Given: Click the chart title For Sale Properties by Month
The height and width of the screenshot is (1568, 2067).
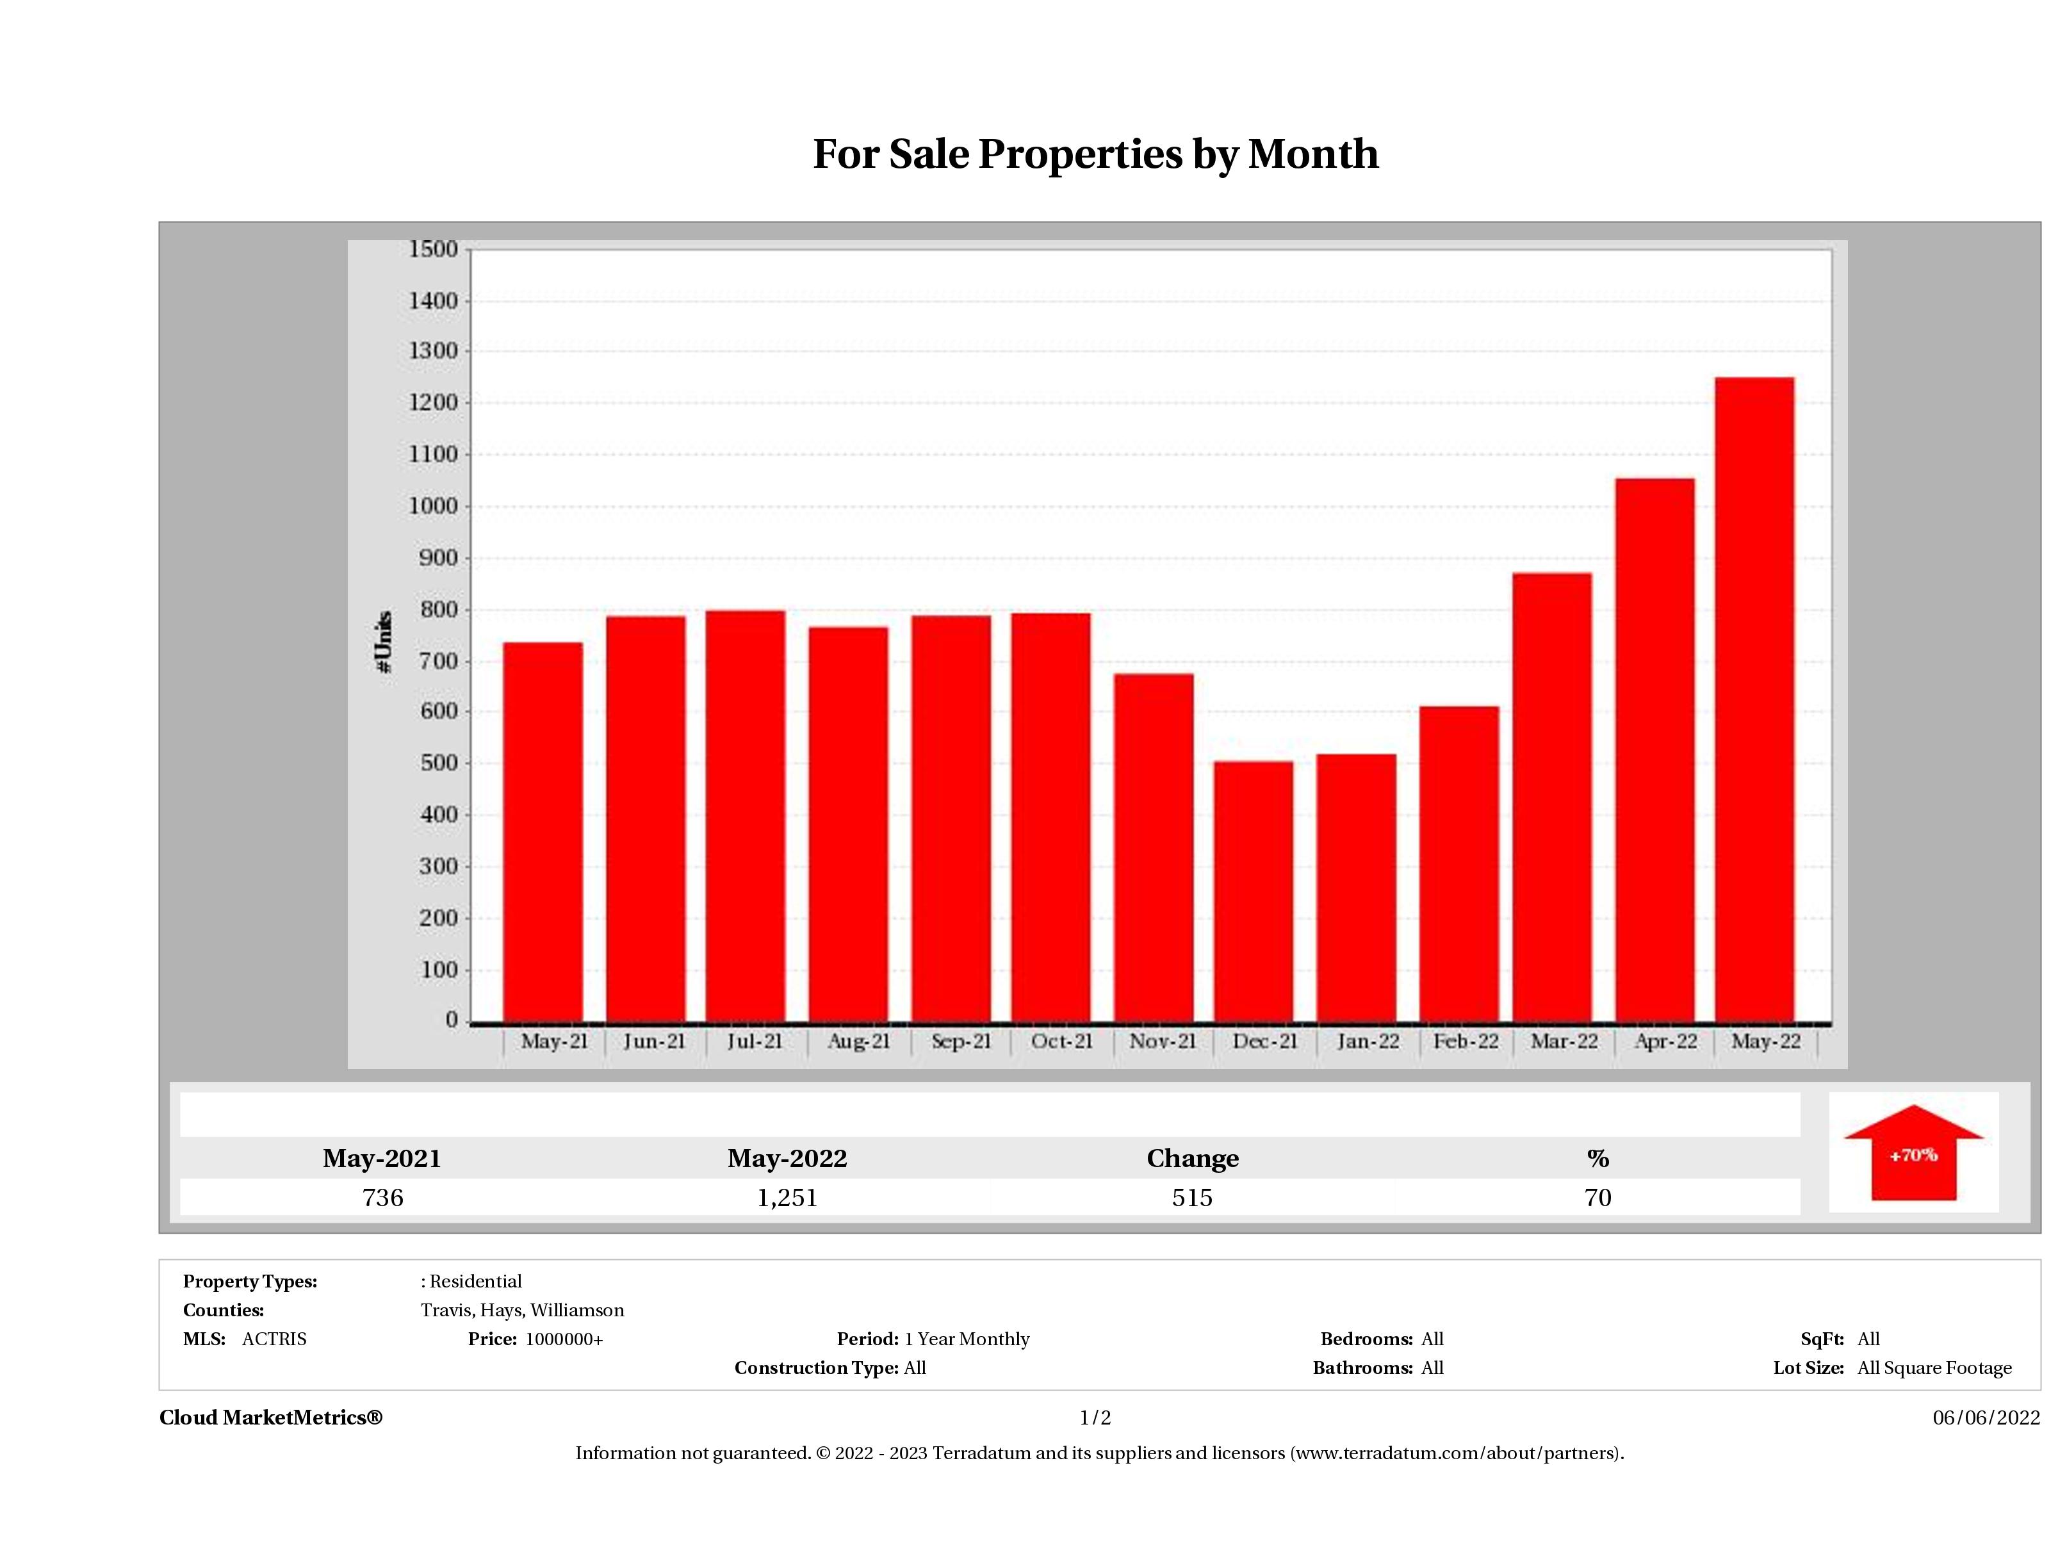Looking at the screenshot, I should pyautogui.click(x=1095, y=154).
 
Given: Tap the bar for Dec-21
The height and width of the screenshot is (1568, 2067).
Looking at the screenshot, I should pyautogui.click(x=1254, y=892).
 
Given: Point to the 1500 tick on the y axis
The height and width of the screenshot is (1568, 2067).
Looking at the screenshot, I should pyautogui.click(x=434, y=250).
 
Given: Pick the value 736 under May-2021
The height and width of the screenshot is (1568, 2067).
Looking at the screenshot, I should pyautogui.click(x=382, y=1198).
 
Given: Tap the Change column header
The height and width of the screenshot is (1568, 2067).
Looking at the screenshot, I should pyautogui.click(x=1193, y=1159).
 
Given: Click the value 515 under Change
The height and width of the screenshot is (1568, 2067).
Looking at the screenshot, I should pyautogui.click(x=1193, y=1198).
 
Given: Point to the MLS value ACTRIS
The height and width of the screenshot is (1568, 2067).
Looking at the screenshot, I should pyautogui.click(x=274, y=1339).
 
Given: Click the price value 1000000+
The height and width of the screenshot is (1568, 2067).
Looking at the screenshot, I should pyautogui.click(x=564, y=1339).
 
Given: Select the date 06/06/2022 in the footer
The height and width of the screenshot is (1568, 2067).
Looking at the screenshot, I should pyautogui.click(x=1986, y=1417).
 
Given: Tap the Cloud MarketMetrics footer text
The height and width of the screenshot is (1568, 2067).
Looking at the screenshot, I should pyautogui.click(x=271, y=1417).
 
